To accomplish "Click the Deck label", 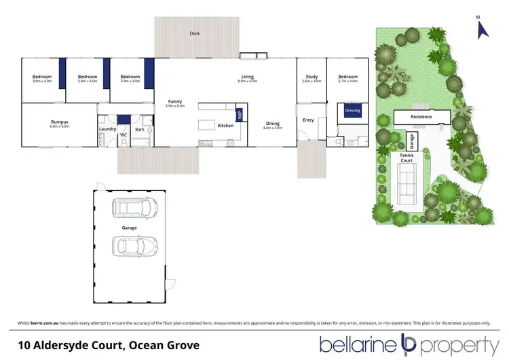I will tap(195, 33).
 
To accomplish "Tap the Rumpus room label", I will tap(59, 122).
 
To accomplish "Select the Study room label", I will tap(312, 77).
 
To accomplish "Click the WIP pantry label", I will tap(239, 115).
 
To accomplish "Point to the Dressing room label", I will tap(352, 109).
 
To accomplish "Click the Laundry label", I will tap(107, 128).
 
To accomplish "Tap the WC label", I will tap(124, 135).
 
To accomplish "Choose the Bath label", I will tap(139, 129).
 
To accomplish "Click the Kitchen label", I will tap(225, 126).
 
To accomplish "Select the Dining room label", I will tap(272, 123).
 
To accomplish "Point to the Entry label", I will tap(309, 120).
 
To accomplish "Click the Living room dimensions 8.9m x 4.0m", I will tap(247, 82).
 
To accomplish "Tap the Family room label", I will tap(175, 101).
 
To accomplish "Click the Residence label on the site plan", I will tap(421, 117).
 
